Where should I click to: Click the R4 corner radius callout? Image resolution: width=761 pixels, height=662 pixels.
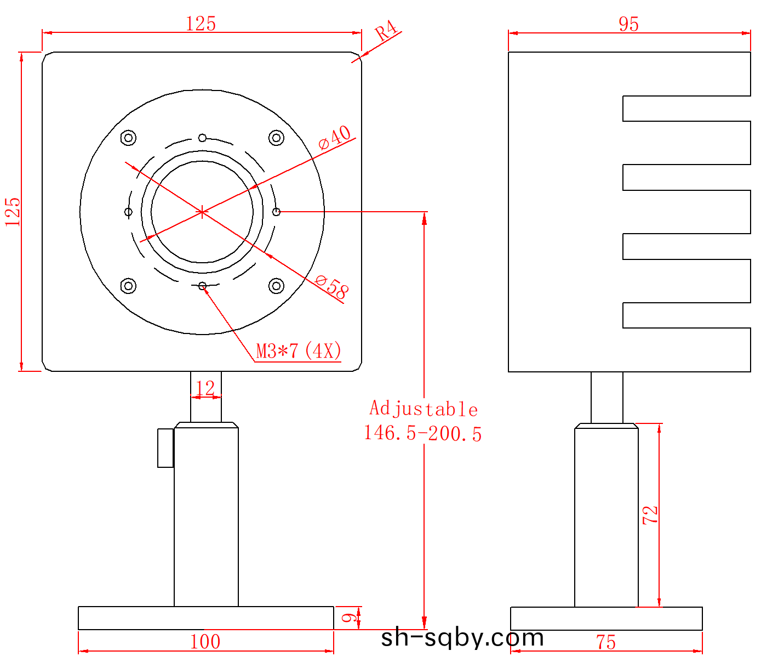[386, 31]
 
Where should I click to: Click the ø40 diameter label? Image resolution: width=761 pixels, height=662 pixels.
[335, 137]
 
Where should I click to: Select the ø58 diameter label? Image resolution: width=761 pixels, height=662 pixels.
[331, 287]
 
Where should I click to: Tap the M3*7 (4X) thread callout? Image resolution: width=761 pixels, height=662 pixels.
[299, 350]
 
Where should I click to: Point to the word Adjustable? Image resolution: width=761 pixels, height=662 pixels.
[424, 409]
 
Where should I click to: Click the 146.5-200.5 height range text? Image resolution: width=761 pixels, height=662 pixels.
[422, 433]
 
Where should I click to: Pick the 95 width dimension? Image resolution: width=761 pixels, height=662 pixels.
[628, 24]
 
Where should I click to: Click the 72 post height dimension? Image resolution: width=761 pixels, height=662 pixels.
[650, 515]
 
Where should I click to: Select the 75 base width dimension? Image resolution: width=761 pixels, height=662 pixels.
[606, 642]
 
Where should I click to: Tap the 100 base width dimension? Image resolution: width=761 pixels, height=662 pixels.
[205, 642]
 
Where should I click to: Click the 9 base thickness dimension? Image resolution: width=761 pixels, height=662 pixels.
[347, 618]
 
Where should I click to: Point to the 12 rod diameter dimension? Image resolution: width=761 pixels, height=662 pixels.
[205, 388]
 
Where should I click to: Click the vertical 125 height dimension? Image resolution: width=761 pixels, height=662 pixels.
[13, 212]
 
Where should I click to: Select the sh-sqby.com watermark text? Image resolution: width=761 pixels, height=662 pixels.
[462, 637]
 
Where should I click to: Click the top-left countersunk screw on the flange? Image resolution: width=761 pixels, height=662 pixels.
[128, 137]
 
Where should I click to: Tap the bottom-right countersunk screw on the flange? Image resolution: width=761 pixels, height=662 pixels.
[276, 286]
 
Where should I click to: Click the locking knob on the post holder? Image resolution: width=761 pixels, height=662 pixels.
[165, 448]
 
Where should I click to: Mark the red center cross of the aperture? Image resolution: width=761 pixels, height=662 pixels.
[202, 212]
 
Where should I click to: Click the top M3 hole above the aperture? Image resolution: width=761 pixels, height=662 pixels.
[202, 138]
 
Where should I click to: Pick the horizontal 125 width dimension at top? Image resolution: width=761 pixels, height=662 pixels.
[201, 24]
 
